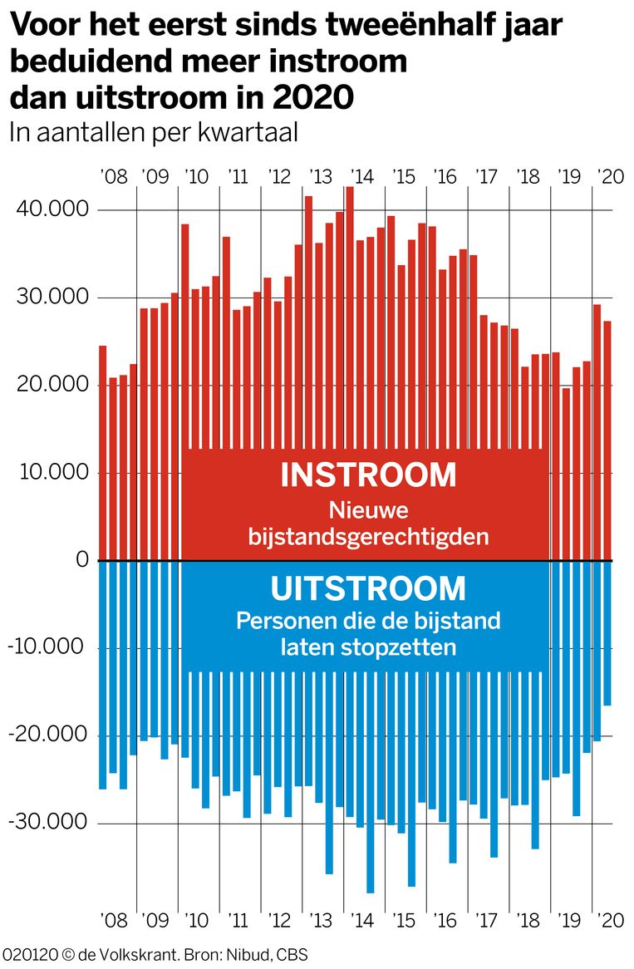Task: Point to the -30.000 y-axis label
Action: (x=48, y=823)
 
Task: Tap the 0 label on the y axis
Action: (x=81, y=560)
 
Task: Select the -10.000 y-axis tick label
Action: (x=48, y=647)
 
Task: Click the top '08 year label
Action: (x=114, y=177)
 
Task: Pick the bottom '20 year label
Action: (x=609, y=920)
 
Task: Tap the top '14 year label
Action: (x=361, y=177)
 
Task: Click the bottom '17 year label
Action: (x=485, y=920)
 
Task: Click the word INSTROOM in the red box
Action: (x=368, y=475)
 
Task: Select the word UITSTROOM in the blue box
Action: (x=368, y=589)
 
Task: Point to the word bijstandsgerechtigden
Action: (x=368, y=537)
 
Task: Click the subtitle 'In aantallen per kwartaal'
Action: (x=153, y=132)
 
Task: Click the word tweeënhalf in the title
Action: (x=407, y=27)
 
